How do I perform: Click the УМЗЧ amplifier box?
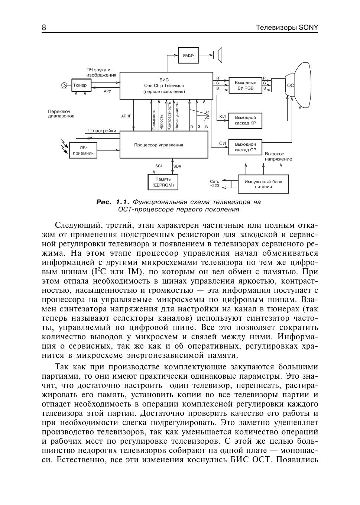pyautogui.click(x=188, y=55)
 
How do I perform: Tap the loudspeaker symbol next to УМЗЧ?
pyautogui.click(x=217, y=55)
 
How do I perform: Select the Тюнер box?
pyautogui.click(x=80, y=85)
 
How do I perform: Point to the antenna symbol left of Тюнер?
pyautogui.click(x=64, y=85)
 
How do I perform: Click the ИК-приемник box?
pyautogui.click(x=83, y=150)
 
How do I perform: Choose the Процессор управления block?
pyautogui.click(x=163, y=145)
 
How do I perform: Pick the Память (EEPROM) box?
pyautogui.click(x=163, y=182)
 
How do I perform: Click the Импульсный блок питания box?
pyautogui.click(x=263, y=184)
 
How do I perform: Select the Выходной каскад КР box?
pyautogui.click(x=245, y=120)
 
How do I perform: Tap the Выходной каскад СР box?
pyautogui.click(x=245, y=147)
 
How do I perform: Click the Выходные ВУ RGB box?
pyautogui.click(x=245, y=85)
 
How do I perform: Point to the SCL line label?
pyautogui.click(x=159, y=166)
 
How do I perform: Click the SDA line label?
pyautogui.click(x=177, y=166)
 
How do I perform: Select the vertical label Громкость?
pyautogui.click(x=154, y=119)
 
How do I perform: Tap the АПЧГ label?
pyautogui.click(x=126, y=116)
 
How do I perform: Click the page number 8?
pyautogui.click(x=44, y=28)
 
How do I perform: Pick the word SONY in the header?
pyautogui.click(x=308, y=28)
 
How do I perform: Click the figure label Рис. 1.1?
pyautogui.click(x=113, y=202)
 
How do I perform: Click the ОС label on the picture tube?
pyautogui.click(x=291, y=85)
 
